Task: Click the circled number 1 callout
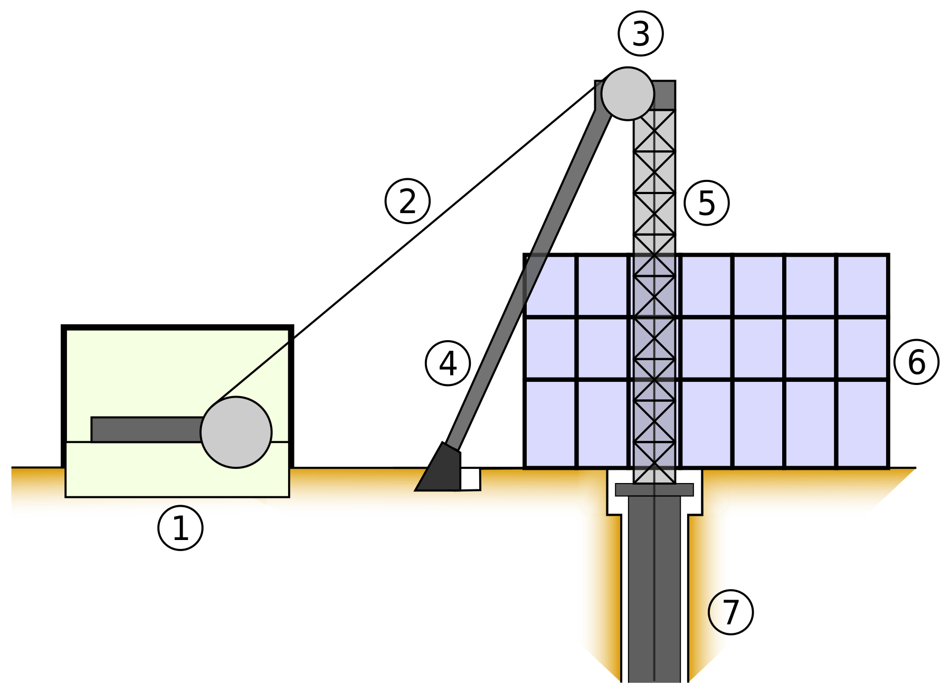pos(180,528)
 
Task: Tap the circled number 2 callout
pos(407,201)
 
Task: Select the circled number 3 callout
pos(641,34)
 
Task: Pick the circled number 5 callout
pos(707,203)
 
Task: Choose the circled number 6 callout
pos(917,362)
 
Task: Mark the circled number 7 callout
pos(730,612)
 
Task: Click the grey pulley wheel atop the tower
pos(628,93)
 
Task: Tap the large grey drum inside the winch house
pos(236,432)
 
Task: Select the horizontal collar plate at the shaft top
pos(654,489)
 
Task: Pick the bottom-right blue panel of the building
pos(862,423)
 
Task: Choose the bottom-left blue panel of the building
pos(550,423)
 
